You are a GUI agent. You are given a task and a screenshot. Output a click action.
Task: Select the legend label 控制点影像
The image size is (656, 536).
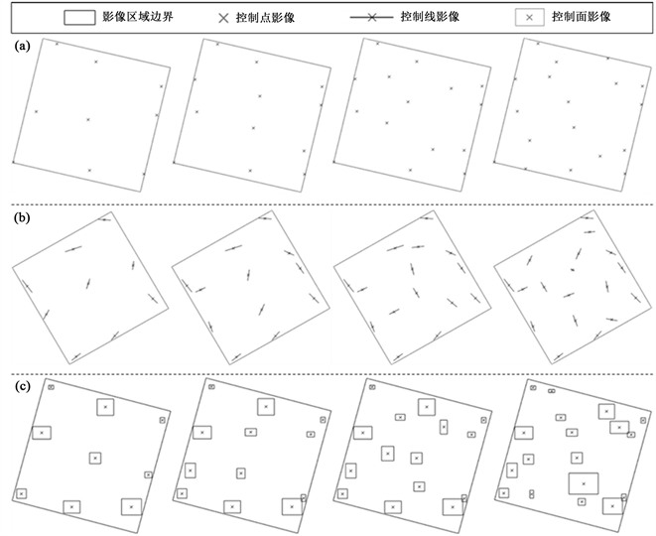pos(275,18)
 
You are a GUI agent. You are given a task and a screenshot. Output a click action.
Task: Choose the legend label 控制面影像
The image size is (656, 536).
pos(585,18)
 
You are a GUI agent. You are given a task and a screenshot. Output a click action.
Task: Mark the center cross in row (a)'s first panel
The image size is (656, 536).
pos(87,120)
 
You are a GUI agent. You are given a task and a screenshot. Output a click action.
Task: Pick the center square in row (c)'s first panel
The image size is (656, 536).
pos(95,458)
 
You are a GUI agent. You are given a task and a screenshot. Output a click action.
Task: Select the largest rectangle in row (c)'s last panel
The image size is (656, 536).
pos(584,483)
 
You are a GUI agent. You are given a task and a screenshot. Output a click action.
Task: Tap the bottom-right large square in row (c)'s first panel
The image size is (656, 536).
pos(131,505)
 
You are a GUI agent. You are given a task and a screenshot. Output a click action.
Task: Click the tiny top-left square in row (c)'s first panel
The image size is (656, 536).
pos(52,386)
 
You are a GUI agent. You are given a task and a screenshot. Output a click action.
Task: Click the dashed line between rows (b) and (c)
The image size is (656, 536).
pos(328,374)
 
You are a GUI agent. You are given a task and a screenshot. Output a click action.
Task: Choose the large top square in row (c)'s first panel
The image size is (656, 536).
pos(106,406)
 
